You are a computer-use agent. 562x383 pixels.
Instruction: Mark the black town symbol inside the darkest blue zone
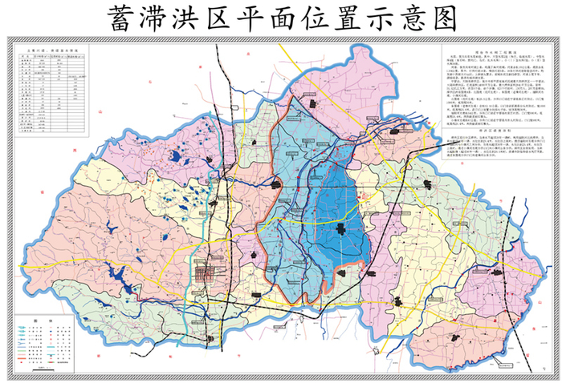tap(341, 231)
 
